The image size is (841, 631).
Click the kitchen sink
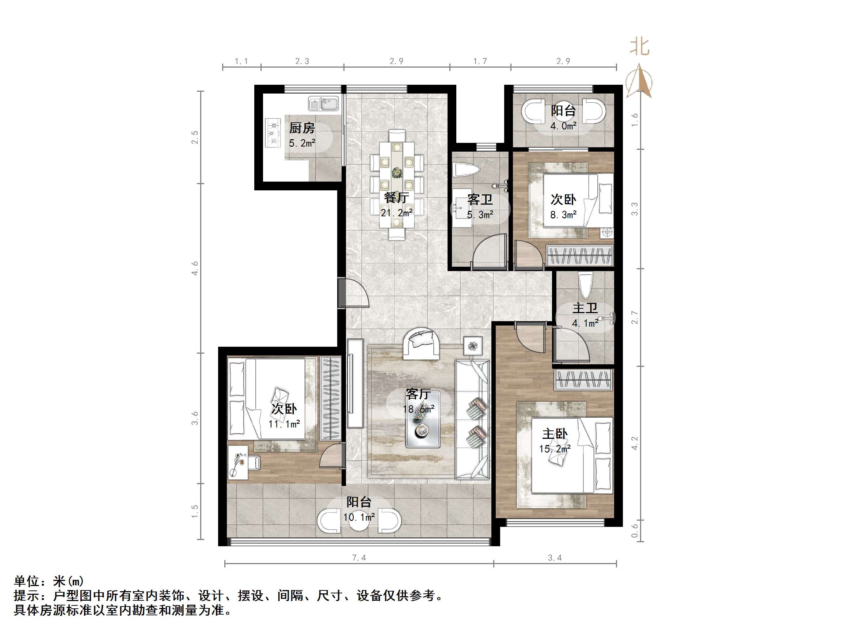coord(323,103)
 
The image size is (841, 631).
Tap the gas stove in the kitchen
coord(272,133)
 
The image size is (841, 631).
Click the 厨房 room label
coord(302,128)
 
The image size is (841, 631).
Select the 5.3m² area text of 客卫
coord(480,215)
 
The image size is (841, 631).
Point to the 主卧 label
coord(555,434)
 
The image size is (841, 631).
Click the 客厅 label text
coord(418,394)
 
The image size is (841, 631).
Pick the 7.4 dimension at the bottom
coord(359,558)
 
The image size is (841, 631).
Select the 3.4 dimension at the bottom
coord(555,558)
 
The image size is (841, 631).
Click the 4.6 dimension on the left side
coord(195,268)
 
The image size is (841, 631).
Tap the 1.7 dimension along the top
coord(480,61)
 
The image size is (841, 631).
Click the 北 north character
coord(640,47)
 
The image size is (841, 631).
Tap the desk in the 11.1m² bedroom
coord(237,462)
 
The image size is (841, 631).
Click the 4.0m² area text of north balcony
coord(563,126)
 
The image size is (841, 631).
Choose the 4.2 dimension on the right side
coord(634,443)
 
